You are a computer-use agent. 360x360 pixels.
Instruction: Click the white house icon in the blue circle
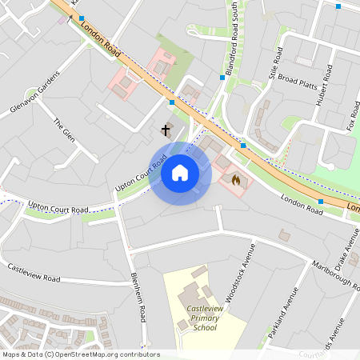[180, 173]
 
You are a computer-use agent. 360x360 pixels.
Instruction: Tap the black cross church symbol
[166, 130]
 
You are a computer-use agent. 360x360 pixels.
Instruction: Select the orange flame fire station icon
[236, 181]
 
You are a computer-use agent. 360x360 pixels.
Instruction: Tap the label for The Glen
[63, 134]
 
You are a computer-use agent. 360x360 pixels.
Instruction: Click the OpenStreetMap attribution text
[81, 354]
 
